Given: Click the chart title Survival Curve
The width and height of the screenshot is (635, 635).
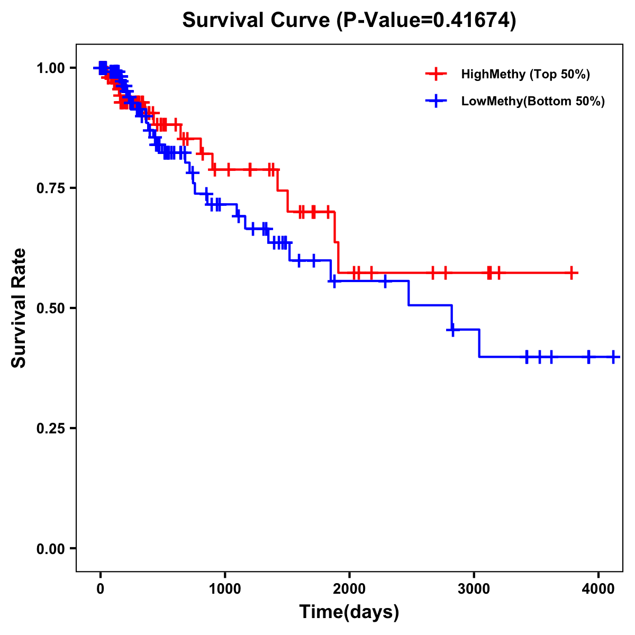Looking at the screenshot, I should click(257, 21).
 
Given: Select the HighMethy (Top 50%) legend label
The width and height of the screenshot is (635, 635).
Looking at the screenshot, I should click(525, 74).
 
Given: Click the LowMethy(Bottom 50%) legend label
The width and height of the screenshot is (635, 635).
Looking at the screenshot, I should click(533, 102).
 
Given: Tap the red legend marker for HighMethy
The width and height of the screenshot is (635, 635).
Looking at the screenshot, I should click(436, 74).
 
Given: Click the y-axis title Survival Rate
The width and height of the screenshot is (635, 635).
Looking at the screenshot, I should click(19, 308).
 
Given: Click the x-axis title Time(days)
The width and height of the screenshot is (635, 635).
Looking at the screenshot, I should click(349, 612).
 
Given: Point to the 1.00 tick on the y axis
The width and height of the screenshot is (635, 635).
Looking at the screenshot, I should click(51, 68).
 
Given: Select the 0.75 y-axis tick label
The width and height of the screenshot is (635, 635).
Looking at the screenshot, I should click(51, 188).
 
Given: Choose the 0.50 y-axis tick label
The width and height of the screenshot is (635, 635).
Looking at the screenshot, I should click(51, 309).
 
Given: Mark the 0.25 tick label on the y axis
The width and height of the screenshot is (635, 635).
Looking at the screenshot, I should click(51, 429).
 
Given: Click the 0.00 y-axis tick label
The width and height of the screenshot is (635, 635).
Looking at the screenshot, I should click(51, 549).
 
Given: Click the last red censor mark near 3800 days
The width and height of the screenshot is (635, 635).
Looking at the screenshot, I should click(571, 273).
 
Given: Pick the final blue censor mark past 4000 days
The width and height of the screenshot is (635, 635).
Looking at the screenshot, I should click(613, 357).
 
